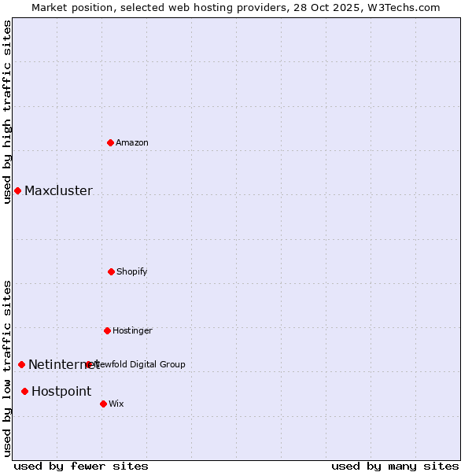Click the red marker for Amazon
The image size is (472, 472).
pos(111,142)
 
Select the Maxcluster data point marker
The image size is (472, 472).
pos(17,190)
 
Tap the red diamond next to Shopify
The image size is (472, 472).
pos(111,271)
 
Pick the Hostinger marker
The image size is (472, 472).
pos(107,330)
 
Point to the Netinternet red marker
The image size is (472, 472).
pos(21,364)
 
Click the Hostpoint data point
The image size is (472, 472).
pos(24,391)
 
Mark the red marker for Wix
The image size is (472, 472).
pos(103,404)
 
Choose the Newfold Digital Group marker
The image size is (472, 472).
pos(88,364)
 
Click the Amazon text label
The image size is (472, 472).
pos(132,142)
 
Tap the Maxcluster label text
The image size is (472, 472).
pos(58,190)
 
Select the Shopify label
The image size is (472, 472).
pos(132,271)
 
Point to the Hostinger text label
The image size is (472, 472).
pos(132,330)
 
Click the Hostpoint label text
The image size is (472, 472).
pos(61,391)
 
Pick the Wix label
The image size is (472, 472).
pos(116,404)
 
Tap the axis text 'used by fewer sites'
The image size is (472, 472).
pos(81,466)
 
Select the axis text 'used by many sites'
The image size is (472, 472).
pos(395,466)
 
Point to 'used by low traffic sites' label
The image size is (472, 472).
pos(7,368)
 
